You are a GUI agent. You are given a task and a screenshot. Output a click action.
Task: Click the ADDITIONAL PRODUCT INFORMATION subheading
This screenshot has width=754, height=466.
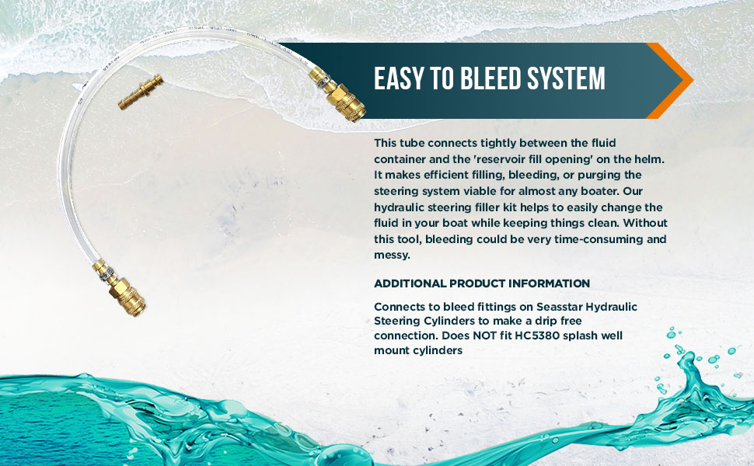[x=482, y=283]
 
